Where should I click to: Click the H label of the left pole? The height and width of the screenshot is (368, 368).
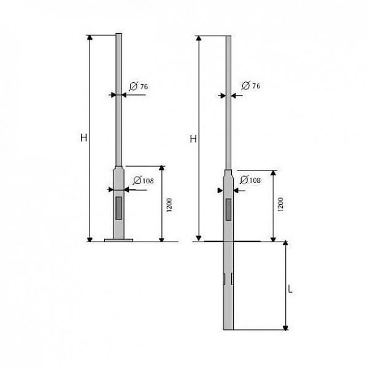[84, 137]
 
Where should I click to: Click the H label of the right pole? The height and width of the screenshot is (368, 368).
[193, 139]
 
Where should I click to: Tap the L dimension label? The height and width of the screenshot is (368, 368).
[290, 289]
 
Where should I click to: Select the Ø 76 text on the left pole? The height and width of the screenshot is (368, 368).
[139, 86]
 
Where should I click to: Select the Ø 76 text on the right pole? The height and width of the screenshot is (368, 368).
[251, 86]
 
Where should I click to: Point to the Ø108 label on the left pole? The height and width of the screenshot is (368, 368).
[143, 180]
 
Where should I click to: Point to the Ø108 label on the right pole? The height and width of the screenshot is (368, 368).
[250, 180]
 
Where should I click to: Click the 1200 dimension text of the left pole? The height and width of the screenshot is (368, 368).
[169, 205]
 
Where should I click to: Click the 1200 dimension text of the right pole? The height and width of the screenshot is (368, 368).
[280, 204]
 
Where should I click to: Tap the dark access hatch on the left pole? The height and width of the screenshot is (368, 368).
[119, 208]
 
